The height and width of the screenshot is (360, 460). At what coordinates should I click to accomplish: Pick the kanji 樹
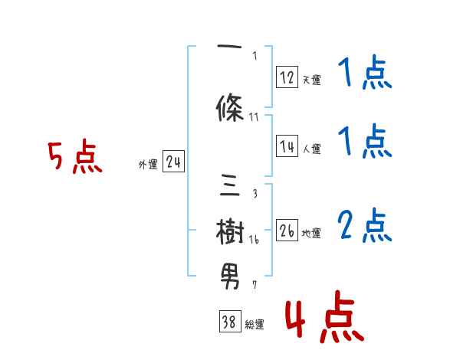(x=230, y=230)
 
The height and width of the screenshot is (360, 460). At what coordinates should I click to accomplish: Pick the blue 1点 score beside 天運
(x=364, y=75)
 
